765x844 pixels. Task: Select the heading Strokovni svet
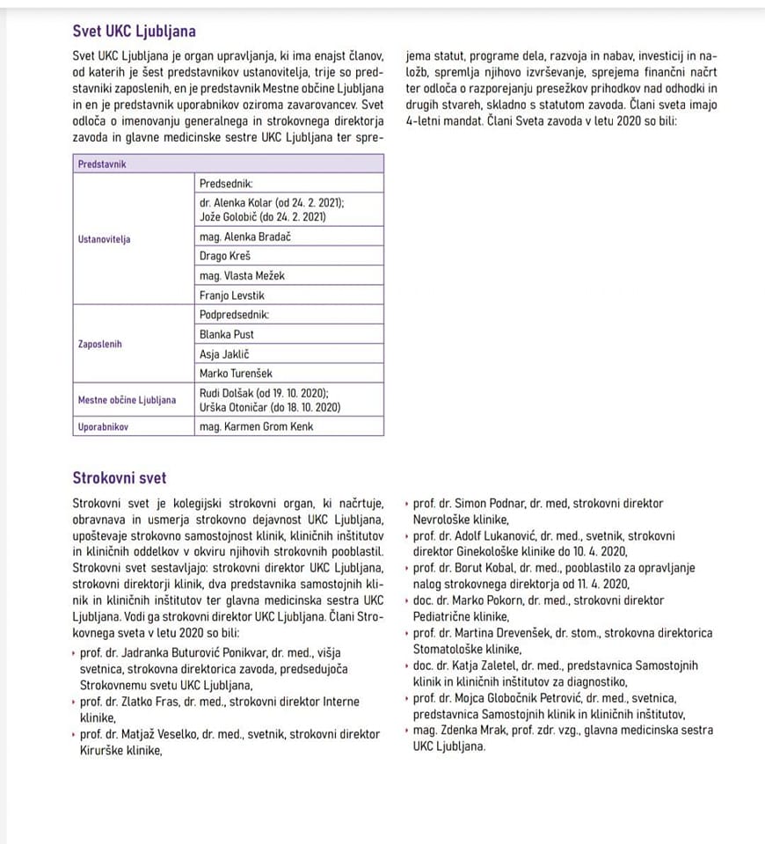(x=120, y=478)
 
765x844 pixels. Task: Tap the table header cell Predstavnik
(x=102, y=164)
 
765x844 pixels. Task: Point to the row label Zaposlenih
(x=100, y=344)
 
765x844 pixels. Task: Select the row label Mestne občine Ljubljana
(x=127, y=400)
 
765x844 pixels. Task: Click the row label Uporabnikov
(x=103, y=427)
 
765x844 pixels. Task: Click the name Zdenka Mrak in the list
(x=468, y=730)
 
